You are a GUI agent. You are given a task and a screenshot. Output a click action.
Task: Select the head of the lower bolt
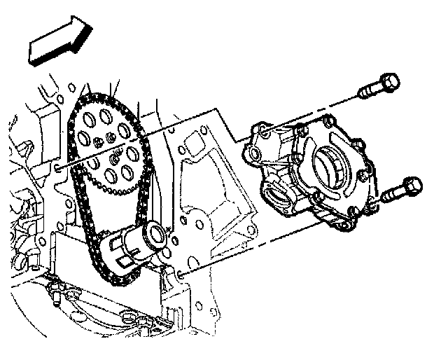click(x=411, y=187)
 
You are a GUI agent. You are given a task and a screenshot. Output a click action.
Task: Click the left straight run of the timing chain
click(x=78, y=203)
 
